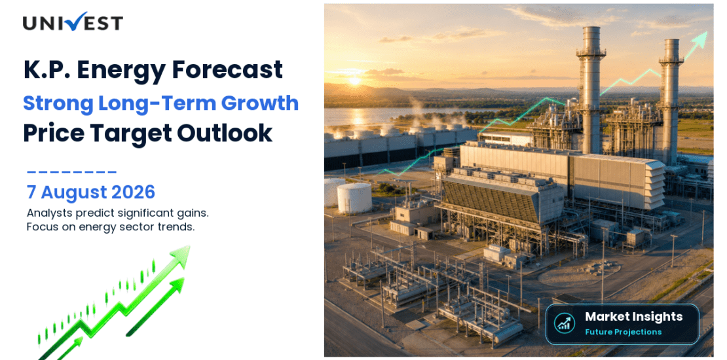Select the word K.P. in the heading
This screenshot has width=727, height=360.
coord(47,70)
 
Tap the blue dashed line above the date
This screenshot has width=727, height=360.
coord(72,172)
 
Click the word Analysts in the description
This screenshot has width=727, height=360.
coord(45,213)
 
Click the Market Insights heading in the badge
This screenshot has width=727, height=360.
coord(634,317)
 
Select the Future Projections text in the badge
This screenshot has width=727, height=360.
coord(623,332)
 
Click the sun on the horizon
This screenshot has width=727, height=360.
coord(354,81)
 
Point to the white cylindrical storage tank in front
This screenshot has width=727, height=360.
coord(354,198)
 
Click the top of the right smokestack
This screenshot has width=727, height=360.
coord(671,41)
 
